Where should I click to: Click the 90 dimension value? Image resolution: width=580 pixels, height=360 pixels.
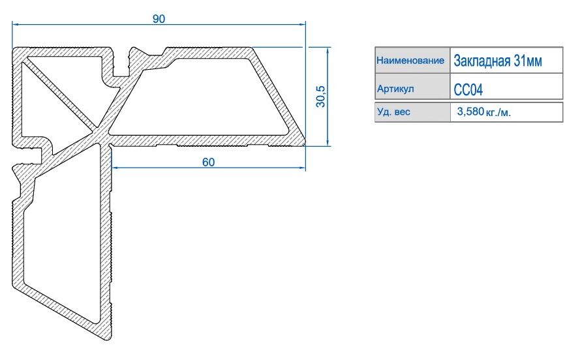pyautogui.click(x=159, y=19)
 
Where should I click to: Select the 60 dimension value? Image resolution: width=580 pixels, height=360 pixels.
pyautogui.click(x=208, y=162)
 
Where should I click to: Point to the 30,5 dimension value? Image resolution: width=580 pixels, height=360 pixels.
pyautogui.click(x=321, y=97)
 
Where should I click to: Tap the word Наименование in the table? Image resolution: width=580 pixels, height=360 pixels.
pyautogui.click(x=410, y=60)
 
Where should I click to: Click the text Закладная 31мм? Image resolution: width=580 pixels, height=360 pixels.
pyautogui.click(x=498, y=61)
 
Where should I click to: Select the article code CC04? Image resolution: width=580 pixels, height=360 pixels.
pyautogui.click(x=468, y=89)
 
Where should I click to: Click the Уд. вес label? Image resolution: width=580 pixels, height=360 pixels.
pyautogui.click(x=393, y=112)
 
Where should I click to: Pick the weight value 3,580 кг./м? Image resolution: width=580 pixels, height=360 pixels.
pyautogui.click(x=484, y=112)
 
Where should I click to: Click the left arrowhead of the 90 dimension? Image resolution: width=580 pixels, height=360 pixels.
pyautogui.click(x=15, y=24)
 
